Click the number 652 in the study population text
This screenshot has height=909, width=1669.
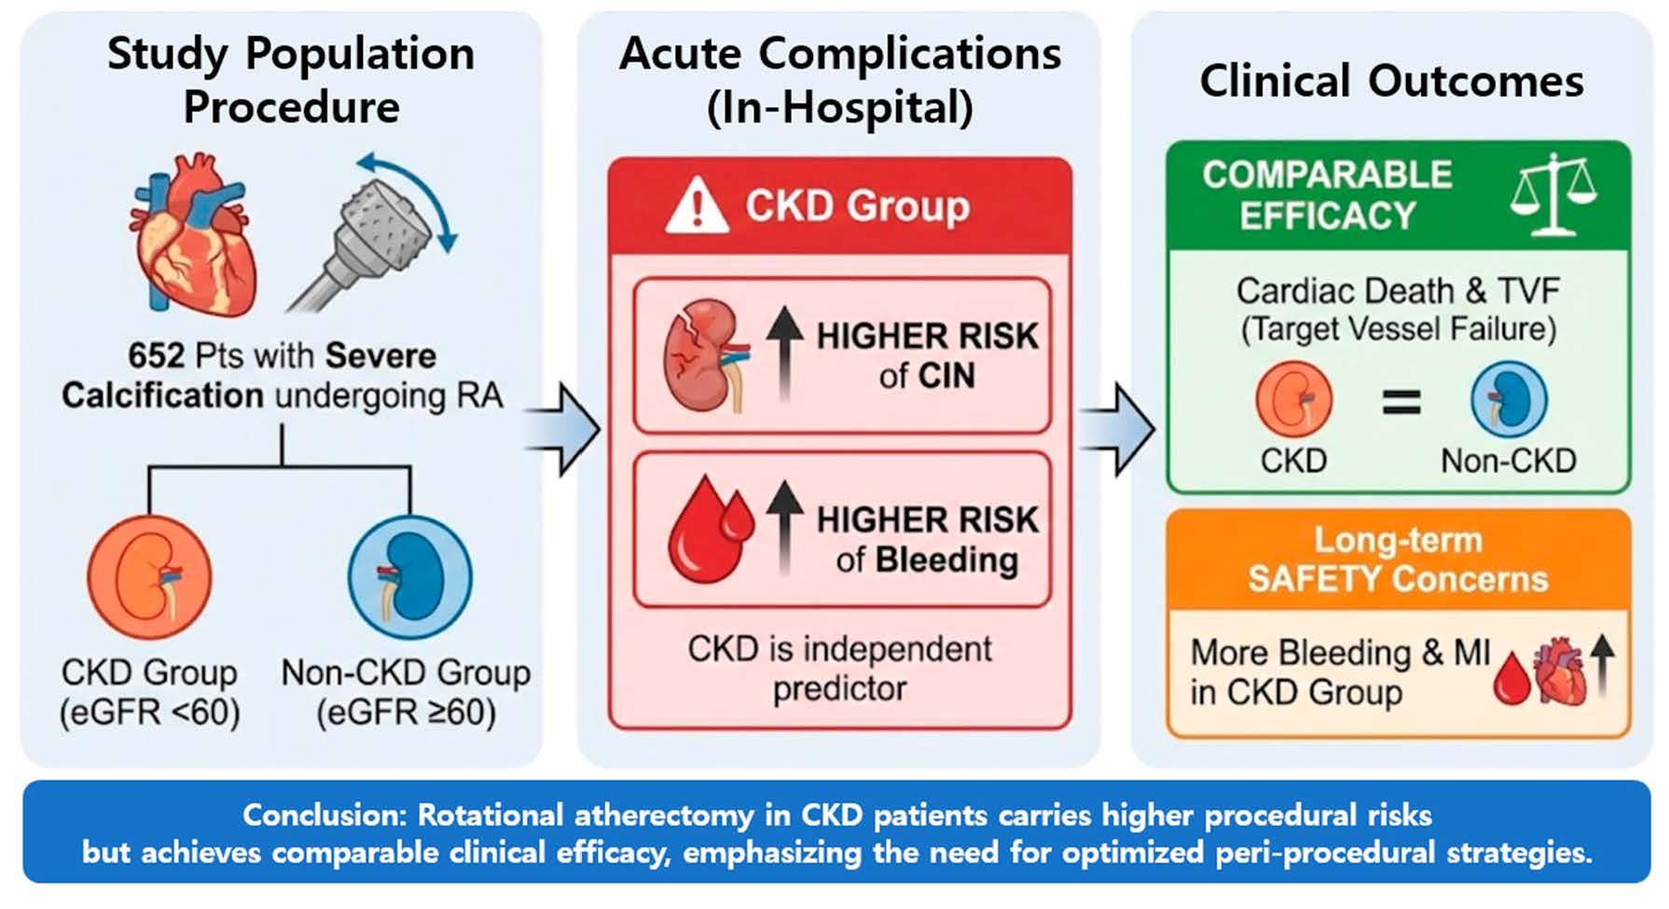(x=156, y=356)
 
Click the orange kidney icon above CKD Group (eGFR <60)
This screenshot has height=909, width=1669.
(x=149, y=577)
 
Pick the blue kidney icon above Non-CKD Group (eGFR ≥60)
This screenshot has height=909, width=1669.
(x=409, y=577)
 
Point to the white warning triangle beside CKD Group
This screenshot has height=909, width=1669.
(x=697, y=207)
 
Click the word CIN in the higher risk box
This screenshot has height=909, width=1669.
(x=946, y=376)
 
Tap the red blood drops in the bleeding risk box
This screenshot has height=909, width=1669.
(x=710, y=530)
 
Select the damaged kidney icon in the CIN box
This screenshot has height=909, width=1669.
(x=705, y=355)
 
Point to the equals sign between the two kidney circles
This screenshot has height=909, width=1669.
(x=1400, y=403)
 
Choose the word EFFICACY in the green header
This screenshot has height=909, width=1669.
(x=1327, y=216)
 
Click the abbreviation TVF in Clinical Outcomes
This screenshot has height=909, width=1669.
(x=1528, y=291)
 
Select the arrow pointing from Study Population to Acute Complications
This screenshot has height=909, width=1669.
(x=562, y=429)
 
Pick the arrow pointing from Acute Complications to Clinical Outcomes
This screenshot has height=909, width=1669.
(x=1118, y=429)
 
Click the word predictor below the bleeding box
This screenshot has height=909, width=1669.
(x=839, y=689)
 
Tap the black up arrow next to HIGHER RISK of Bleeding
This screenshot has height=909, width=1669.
(x=785, y=527)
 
